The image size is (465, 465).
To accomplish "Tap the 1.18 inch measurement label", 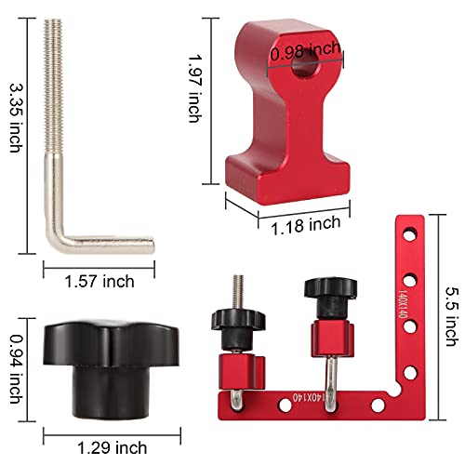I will [305, 224].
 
